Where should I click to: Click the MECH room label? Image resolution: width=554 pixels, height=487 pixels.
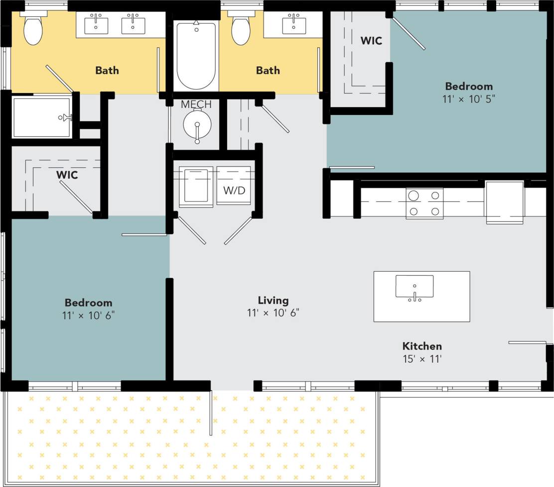[x=196, y=104]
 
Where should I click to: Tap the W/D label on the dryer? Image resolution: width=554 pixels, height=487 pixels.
[x=234, y=190]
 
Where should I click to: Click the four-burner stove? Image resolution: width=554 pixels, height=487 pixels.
[x=425, y=203]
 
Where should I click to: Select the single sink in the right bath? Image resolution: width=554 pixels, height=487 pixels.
[x=294, y=25]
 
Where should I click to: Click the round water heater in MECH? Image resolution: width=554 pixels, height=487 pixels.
[x=197, y=125]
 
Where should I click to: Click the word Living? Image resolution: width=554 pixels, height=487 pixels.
[x=273, y=300]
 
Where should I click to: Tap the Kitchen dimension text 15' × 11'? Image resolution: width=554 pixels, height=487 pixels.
[x=422, y=359]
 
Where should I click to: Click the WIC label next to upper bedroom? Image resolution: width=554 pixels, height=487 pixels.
[x=371, y=41]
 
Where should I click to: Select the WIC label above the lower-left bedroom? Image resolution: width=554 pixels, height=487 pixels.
[x=67, y=175]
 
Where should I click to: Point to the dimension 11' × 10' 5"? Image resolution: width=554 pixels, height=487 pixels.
[x=469, y=99]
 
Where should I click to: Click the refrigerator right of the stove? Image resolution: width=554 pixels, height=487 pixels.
[x=504, y=201]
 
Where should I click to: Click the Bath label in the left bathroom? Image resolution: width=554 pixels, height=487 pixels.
[x=107, y=70]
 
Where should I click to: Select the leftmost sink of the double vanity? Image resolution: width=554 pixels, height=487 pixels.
[x=96, y=25]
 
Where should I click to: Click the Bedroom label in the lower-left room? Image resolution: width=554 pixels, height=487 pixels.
[x=88, y=302]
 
